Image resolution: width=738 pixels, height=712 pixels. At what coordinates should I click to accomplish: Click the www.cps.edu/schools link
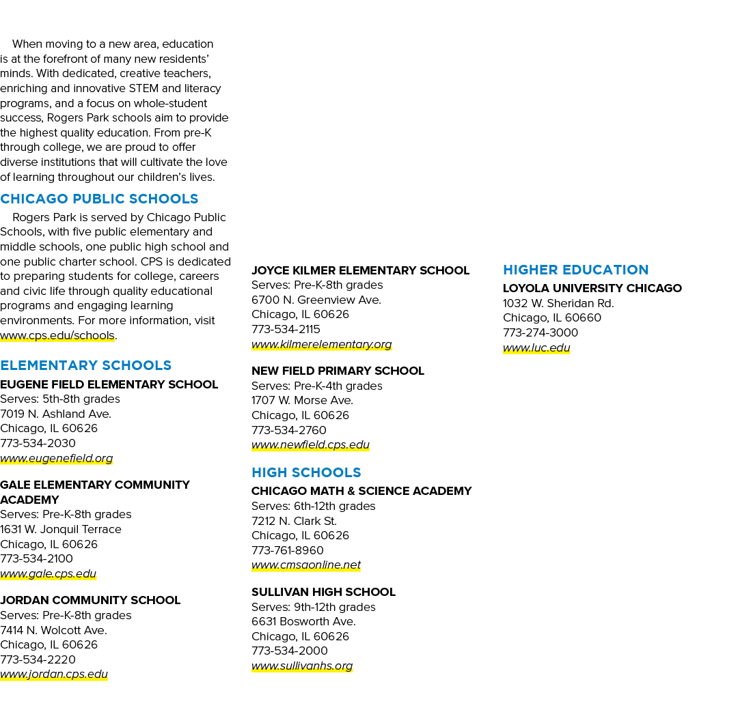57,335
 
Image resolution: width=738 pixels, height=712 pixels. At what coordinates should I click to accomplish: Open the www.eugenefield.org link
57,458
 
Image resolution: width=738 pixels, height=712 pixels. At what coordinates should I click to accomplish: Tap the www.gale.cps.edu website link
48,573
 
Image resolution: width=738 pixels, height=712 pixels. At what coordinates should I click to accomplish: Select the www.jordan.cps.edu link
54,674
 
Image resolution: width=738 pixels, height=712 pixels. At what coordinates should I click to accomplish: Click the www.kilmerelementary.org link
321,344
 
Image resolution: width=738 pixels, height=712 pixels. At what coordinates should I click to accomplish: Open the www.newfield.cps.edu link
311,445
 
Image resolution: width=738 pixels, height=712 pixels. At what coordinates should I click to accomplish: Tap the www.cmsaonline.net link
306,565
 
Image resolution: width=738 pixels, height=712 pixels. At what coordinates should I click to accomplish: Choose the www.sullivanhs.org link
302,666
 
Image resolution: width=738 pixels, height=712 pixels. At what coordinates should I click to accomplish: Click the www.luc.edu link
536,347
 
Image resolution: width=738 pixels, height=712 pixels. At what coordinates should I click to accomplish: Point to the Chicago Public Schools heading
99,199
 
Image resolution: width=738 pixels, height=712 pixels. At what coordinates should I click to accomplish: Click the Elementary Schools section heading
85,365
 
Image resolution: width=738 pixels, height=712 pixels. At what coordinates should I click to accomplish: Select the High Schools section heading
306,472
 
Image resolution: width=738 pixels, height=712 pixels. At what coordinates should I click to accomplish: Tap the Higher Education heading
575,270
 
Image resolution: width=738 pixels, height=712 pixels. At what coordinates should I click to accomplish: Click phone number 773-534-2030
38,444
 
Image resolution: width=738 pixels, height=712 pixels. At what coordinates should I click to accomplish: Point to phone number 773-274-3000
541,333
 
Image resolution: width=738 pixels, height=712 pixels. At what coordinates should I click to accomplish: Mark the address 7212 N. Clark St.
294,521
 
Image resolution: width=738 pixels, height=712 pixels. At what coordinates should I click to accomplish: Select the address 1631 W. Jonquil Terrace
61,530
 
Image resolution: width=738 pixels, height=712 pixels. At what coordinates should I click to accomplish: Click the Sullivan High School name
323,592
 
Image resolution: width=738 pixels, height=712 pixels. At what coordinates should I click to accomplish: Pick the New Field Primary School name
338,371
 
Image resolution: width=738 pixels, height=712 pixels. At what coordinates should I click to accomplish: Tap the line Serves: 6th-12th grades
314,507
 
